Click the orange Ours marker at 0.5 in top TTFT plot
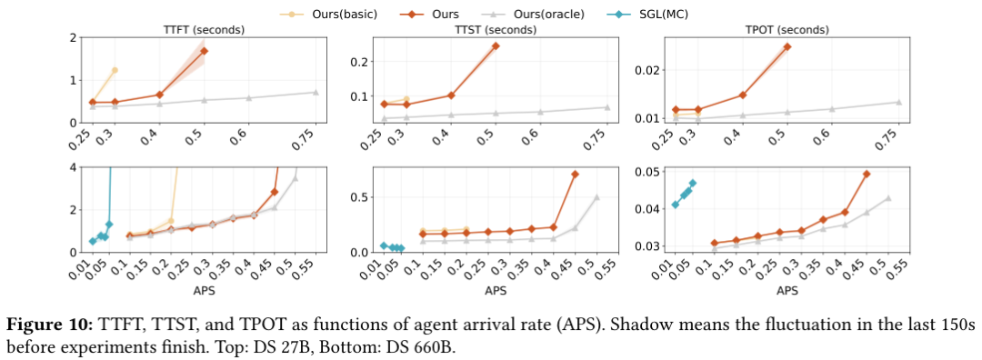(205, 51)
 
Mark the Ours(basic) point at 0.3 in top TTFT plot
(115, 70)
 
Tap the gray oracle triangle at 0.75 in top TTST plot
(606, 107)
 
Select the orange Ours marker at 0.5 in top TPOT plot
(787, 46)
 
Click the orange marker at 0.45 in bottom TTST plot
(575, 174)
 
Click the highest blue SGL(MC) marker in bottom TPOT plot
(692, 183)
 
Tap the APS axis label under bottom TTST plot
(495, 291)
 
